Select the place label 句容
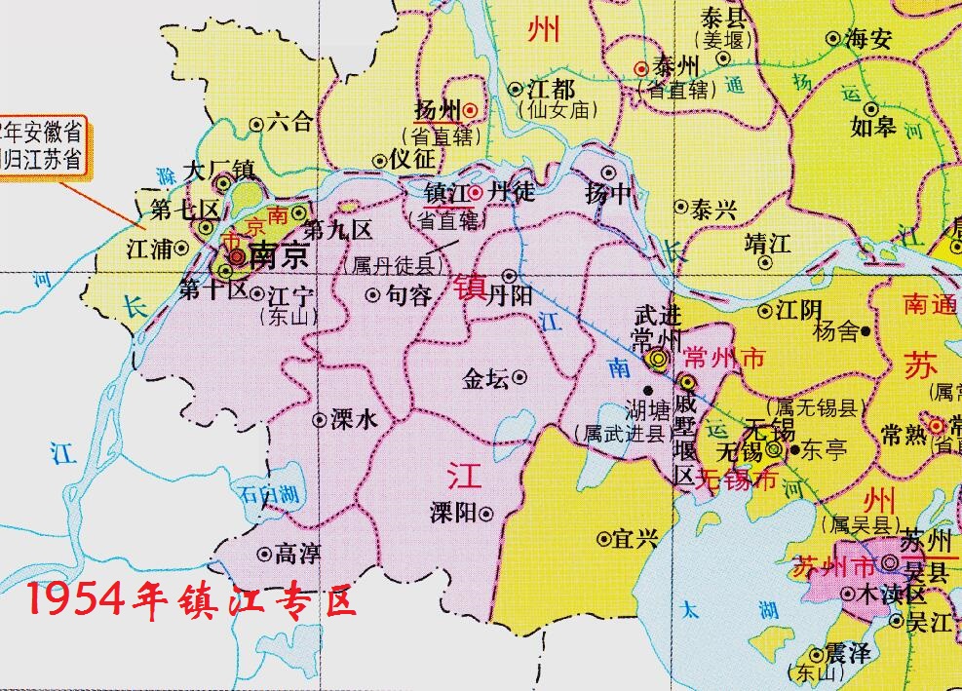[408, 295]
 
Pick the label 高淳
[298, 555]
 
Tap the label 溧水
[354, 420]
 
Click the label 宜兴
[637, 538]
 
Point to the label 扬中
[609, 193]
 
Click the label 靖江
[767, 243]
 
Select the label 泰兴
[713, 208]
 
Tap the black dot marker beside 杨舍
[866, 331]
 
